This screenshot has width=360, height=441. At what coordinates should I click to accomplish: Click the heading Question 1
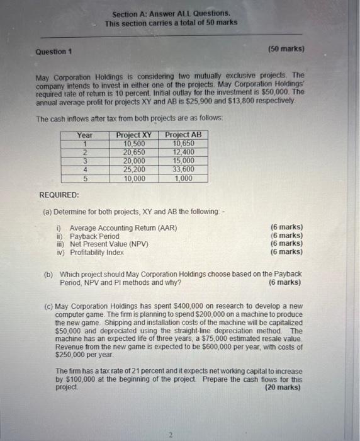(53, 51)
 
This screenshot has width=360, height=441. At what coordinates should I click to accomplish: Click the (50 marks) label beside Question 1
(286, 49)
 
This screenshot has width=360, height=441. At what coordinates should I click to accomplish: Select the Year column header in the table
(84, 135)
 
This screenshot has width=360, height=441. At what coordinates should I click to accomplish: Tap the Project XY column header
(134, 135)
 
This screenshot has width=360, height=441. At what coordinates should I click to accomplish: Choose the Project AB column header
(183, 135)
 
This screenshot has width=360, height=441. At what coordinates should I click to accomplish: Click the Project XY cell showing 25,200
(134, 169)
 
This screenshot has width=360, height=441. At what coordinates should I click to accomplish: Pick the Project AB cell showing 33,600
(183, 169)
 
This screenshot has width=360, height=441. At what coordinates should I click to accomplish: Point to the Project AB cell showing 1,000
(183, 178)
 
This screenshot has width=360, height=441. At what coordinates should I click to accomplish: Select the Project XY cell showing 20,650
(134, 152)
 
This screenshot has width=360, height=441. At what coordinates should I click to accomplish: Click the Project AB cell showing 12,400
(183, 152)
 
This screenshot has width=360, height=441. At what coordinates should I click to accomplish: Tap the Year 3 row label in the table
(84, 161)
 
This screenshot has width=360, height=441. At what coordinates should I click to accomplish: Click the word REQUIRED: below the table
(59, 196)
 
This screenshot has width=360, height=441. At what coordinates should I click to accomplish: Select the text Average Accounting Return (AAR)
(123, 227)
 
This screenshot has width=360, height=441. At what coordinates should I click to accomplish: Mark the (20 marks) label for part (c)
(283, 388)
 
